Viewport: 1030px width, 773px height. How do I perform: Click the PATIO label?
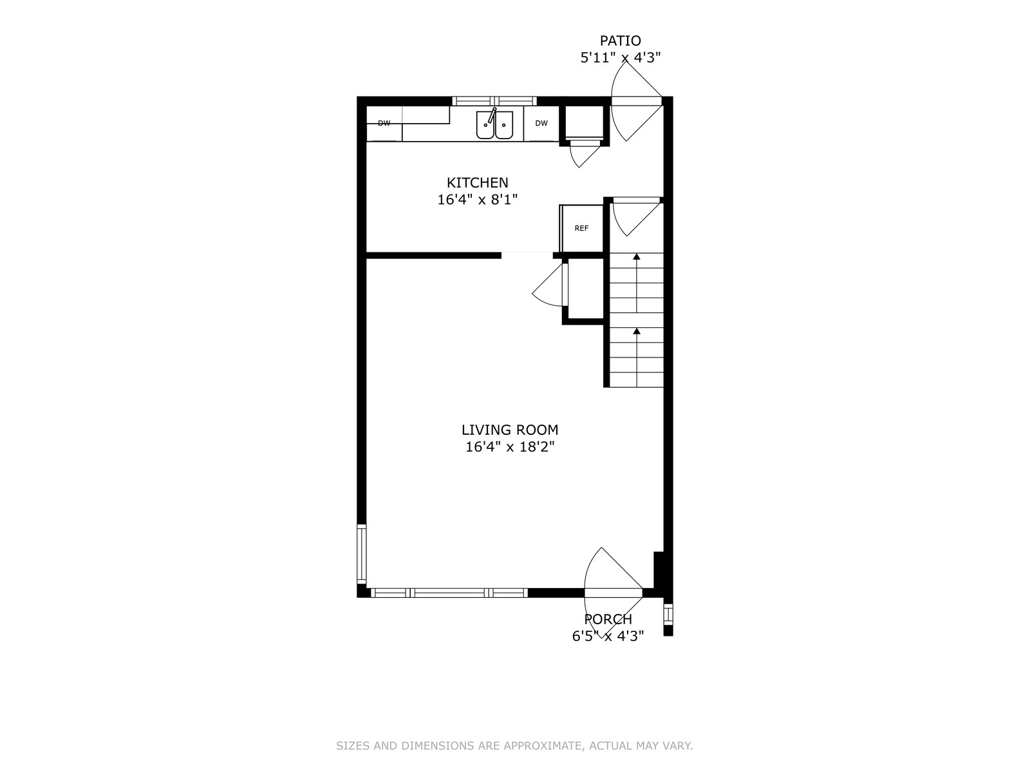(x=621, y=41)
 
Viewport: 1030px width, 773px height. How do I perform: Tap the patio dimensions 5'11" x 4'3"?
(x=621, y=58)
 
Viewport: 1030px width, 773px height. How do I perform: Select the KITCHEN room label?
(x=477, y=182)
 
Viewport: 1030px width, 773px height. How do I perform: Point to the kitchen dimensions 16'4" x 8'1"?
(x=477, y=200)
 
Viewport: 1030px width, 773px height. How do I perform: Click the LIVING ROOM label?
(x=510, y=430)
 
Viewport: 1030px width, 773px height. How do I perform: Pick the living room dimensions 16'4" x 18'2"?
(x=510, y=447)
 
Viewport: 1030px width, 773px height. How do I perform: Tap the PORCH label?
(x=608, y=619)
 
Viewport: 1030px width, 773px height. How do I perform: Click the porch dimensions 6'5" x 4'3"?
(x=608, y=636)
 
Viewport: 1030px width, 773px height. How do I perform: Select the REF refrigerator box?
(x=581, y=229)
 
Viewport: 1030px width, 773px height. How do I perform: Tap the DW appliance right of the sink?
(x=541, y=124)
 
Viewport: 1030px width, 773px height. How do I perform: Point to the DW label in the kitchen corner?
(x=384, y=124)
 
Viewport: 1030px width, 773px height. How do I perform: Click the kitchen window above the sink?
(x=494, y=101)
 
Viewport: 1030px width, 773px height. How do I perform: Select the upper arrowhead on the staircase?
(x=636, y=257)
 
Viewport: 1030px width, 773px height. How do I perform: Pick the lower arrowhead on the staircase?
(x=636, y=331)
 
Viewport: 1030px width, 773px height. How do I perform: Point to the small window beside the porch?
(x=668, y=615)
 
